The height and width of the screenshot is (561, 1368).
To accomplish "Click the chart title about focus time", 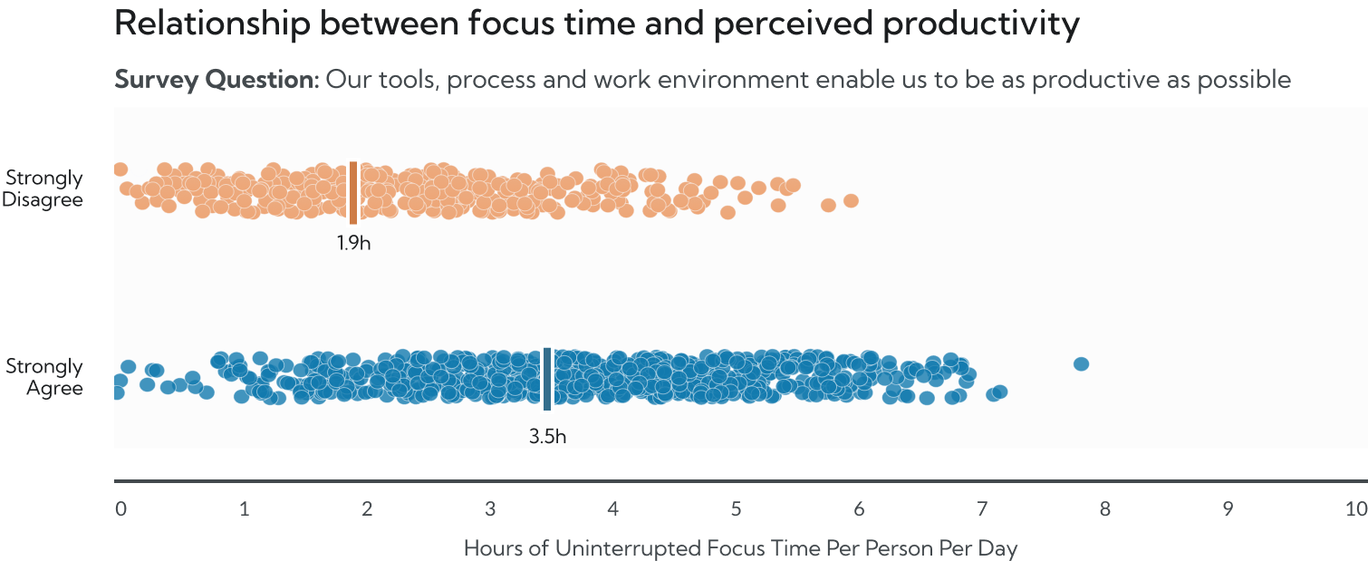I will (596, 24).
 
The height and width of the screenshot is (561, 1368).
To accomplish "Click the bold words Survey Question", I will (216, 80).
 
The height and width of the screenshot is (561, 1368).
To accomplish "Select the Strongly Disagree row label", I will (43, 189).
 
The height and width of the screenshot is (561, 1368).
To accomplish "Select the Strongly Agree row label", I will (44, 378).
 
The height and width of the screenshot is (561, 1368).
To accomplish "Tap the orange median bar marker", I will (353, 192).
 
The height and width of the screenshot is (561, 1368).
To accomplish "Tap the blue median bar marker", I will (547, 379).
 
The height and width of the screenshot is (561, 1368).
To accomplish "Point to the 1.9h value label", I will (353, 243).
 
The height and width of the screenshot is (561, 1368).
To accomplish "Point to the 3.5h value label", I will (547, 436).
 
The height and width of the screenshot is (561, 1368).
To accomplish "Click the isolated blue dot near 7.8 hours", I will (1081, 364).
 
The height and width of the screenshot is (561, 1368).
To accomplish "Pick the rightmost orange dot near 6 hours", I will (851, 200).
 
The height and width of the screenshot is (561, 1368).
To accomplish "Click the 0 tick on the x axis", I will (120, 509).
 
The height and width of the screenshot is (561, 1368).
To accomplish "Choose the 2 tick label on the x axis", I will (367, 509).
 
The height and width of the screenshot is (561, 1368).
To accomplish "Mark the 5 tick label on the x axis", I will (736, 509).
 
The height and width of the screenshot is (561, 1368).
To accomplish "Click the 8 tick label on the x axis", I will (1105, 509).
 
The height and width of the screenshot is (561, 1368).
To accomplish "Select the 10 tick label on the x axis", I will (1355, 509).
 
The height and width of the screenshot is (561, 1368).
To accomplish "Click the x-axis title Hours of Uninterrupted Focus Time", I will (740, 547).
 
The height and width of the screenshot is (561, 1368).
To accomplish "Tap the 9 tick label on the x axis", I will (1228, 509).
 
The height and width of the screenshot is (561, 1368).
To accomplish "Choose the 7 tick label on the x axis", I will (982, 509).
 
